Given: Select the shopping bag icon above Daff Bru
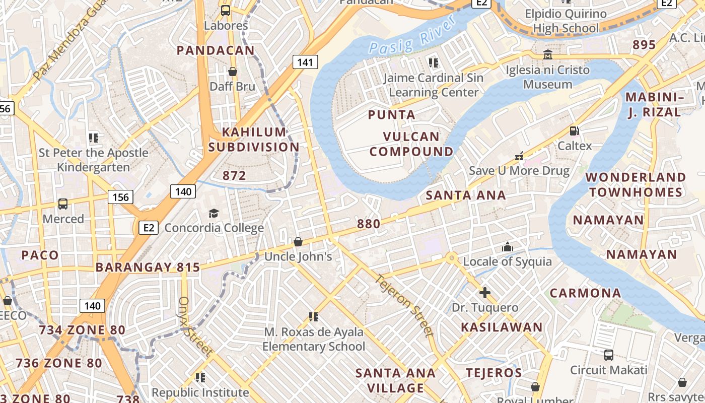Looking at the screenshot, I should [233, 72].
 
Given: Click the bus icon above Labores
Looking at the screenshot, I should [226, 10].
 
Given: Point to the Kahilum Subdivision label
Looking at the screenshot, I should [254, 140].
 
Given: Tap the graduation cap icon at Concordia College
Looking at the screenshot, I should [214, 213].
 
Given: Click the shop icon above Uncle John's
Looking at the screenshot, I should [298, 242].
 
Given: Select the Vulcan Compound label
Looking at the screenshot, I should [412, 144].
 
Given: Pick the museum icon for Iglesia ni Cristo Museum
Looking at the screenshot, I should [548, 54].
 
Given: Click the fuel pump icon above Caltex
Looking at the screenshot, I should [574, 131].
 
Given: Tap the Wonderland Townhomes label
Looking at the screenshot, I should [636, 185].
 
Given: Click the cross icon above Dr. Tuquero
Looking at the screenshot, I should [485, 293].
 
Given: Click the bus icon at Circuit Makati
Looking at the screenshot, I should [608, 355].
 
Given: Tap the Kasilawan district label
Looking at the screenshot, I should [502, 327].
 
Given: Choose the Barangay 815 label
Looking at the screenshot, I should [148, 267].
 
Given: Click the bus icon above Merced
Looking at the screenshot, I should [63, 204].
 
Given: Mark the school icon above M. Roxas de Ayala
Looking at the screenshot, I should [314, 317].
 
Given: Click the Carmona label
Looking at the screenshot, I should [585, 293].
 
